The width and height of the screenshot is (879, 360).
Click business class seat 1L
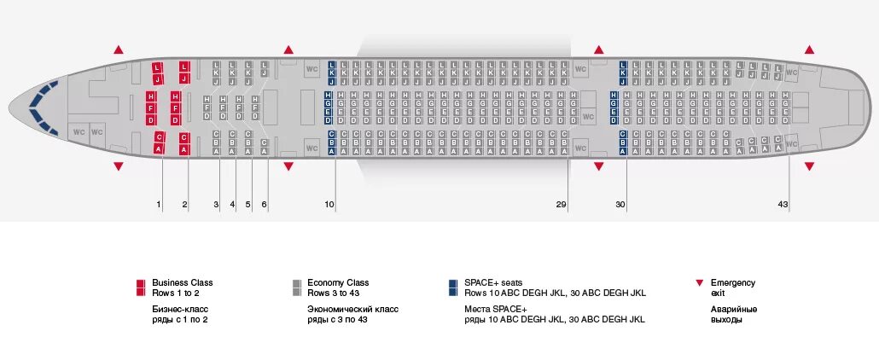coord(158,67)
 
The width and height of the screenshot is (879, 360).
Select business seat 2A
coord(184,149)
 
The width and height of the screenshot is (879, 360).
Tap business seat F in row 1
coord(151,108)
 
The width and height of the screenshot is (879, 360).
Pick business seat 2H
coord(176,97)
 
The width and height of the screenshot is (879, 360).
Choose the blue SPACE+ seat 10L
coord(331,65)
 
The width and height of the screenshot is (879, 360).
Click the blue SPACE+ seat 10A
coord(331,150)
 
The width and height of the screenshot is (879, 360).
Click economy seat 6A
coord(265,151)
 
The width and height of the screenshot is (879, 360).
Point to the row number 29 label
coord(561,205)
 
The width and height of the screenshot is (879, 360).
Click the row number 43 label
coord(783,205)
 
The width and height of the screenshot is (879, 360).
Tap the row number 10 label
coord(329,205)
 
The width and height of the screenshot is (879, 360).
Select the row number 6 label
coord(265,205)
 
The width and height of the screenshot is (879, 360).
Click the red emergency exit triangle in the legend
coord(700,282)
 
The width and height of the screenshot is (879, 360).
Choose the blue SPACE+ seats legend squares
coord(451,287)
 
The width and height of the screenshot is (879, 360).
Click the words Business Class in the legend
coord(183,282)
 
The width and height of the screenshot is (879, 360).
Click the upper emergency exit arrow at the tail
coord(809,49)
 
